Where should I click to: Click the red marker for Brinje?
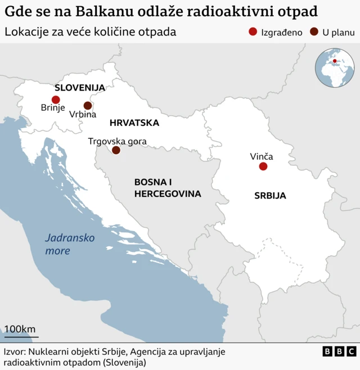pyautogui.click(x=56, y=100)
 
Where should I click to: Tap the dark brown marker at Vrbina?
pyautogui.click(x=88, y=105)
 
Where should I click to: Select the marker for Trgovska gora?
pyautogui.click(x=116, y=150)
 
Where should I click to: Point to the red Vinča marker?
pyautogui.click(x=263, y=166)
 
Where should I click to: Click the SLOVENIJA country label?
pyautogui.click(x=80, y=88)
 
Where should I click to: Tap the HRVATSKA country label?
pyautogui.click(x=134, y=123)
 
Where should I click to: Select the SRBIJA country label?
pyautogui.click(x=270, y=196)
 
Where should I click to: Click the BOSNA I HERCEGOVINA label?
pyautogui.click(x=167, y=188)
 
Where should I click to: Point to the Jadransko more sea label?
pyautogui.click(x=70, y=244)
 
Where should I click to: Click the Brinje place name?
pyautogui.click(x=53, y=109)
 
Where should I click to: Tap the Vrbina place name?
pyautogui.click(x=83, y=115)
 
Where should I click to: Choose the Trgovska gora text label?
pyautogui.click(x=118, y=141)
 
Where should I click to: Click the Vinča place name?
pyautogui.click(x=262, y=156)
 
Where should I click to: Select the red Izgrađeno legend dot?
pyautogui.click(x=253, y=32)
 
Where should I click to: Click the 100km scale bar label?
pyautogui.click(x=20, y=329)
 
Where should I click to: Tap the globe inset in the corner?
pyautogui.click(x=334, y=67)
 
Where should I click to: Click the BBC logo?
pyautogui.click(x=339, y=351)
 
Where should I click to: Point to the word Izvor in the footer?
pyautogui.click(x=15, y=351)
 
